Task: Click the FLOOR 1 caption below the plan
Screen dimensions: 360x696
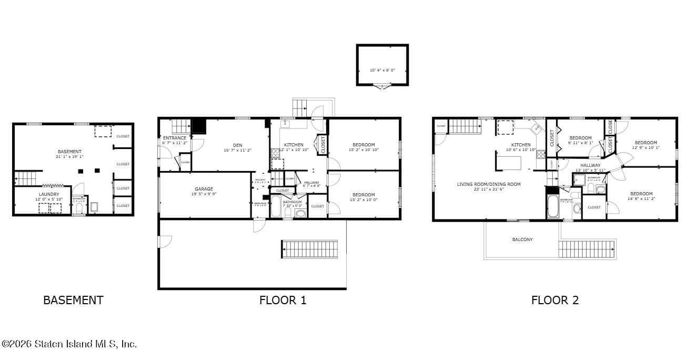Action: click(x=283, y=301)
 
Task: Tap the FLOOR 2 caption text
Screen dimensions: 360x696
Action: click(x=554, y=301)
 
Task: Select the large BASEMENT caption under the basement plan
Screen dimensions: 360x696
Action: click(x=73, y=301)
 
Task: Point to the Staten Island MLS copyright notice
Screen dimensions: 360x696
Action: click(x=69, y=344)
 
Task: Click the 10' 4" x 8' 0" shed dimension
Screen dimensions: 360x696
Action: click(x=382, y=70)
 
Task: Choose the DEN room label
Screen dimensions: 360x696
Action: click(x=237, y=147)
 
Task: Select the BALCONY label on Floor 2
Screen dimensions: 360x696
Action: click(x=522, y=239)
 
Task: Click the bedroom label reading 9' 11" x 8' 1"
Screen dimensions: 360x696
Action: click(x=580, y=140)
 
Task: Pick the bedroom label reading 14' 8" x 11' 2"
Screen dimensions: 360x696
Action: click(x=641, y=196)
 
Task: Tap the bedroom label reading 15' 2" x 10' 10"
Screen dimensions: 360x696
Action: click(x=363, y=147)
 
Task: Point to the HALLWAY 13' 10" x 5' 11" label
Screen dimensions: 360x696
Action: click(x=590, y=167)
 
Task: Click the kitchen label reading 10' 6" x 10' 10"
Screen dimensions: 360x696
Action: click(x=521, y=147)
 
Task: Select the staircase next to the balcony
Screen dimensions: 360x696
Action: click(x=587, y=248)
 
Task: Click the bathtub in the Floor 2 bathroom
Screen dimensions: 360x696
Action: click(x=553, y=206)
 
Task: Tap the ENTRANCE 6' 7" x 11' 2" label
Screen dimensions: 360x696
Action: click(x=174, y=140)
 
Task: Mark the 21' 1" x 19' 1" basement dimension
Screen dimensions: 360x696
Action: click(x=69, y=157)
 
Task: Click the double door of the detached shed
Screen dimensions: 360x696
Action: click(x=381, y=86)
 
